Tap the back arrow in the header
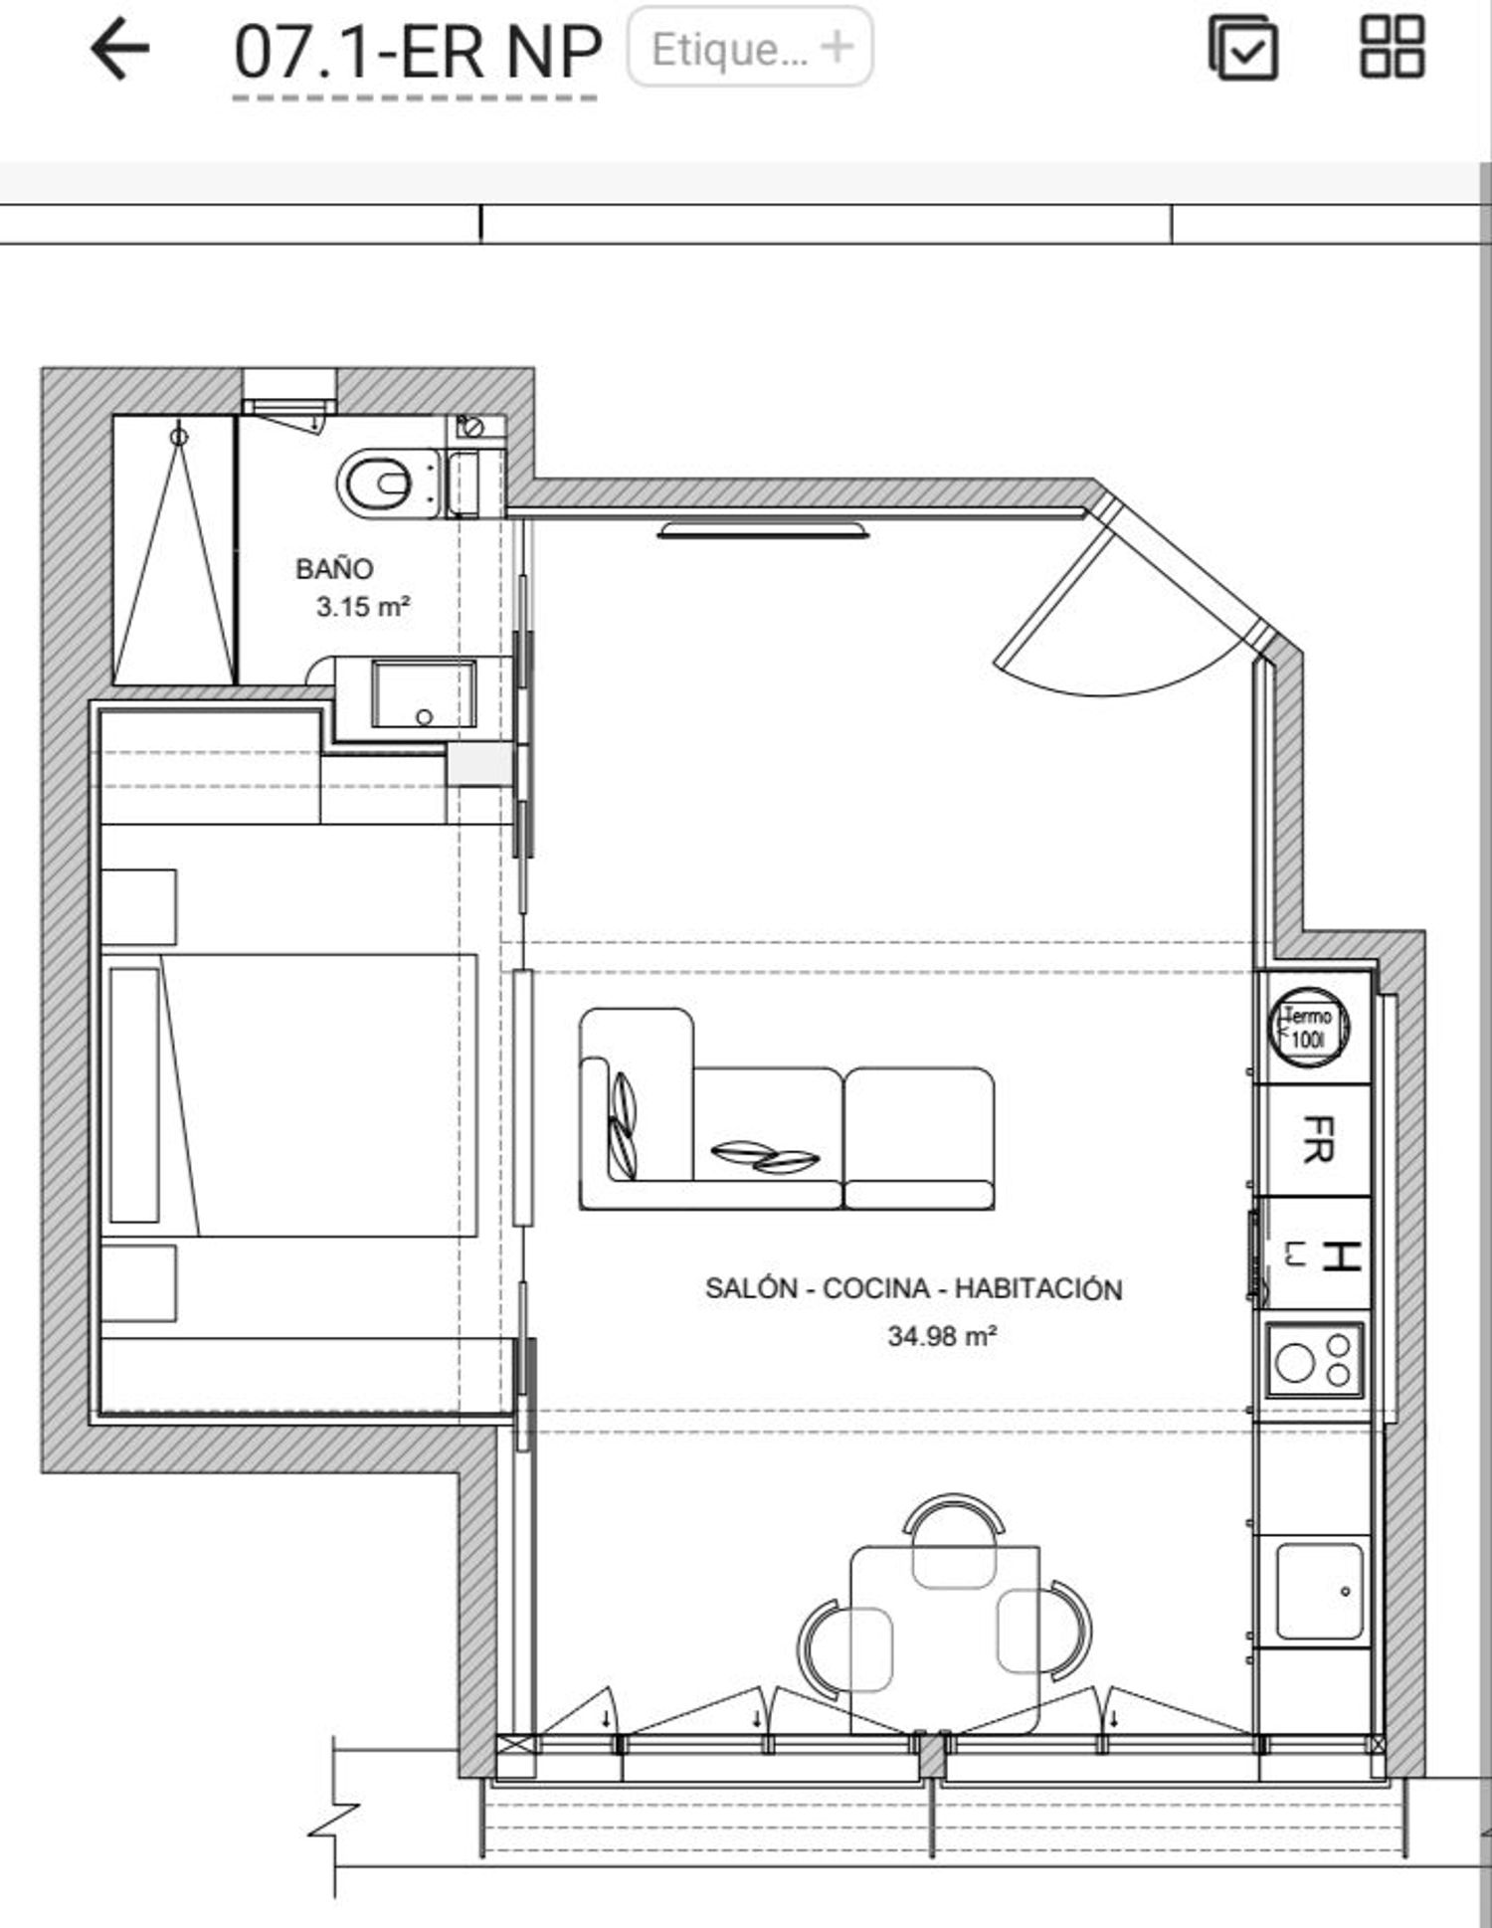click(x=119, y=49)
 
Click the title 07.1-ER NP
click(x=418, y=52)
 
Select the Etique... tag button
click(x=750, y=47)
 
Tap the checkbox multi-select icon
click(x=1243, y=48)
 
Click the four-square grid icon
click(x=1393, y=47)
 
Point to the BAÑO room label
click(x=334, y=569)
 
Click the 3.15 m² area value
click(x=363, y=606)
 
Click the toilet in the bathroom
click(x=388, y=484)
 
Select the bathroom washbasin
click(x=424, y=692)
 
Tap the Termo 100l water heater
click(x=1309, y=1028)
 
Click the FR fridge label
click(x=1318, y=1139)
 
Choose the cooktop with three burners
click(x=1314, y=1360)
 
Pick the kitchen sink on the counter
click(x=1319, y=1592)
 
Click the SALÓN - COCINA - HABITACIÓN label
click(x=913, y=1288)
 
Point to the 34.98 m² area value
click(x=942, y=1335)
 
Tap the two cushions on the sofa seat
click(x=765, y=1155)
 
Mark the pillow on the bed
click(x=134, y=1095)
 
